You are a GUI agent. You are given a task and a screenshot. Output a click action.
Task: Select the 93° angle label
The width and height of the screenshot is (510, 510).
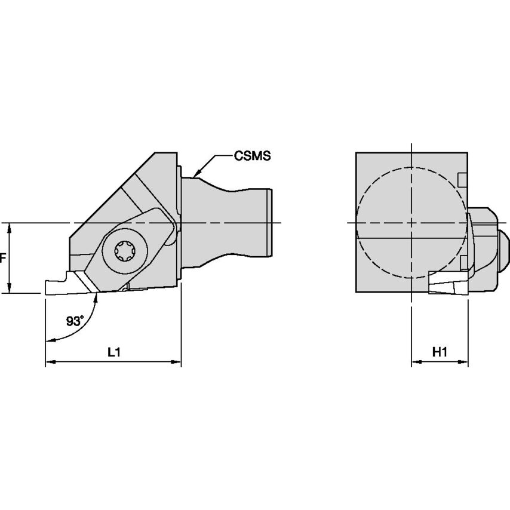[75, 321]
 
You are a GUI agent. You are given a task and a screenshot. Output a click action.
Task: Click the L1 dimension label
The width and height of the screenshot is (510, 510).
[113, 352]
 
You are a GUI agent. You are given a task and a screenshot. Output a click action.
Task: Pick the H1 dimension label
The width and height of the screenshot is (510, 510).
[440, 352]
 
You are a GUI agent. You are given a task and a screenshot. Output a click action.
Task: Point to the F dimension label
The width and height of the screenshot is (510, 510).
[3, 259]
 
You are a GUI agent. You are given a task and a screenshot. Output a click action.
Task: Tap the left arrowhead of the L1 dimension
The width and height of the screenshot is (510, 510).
[50, 362]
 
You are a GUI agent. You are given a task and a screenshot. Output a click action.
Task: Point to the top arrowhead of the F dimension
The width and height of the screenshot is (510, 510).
[10, 228]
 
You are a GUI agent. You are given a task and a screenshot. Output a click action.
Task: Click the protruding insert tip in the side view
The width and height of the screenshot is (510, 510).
[57, 286]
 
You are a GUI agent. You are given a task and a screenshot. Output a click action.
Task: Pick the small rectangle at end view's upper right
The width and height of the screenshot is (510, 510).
[461, 179]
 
